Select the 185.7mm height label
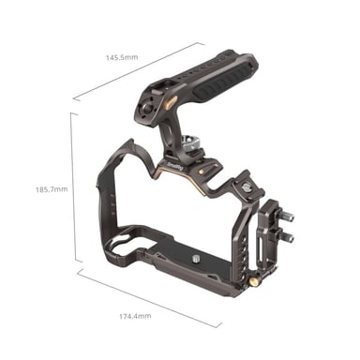point(49,189)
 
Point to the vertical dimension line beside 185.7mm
point(72,187)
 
